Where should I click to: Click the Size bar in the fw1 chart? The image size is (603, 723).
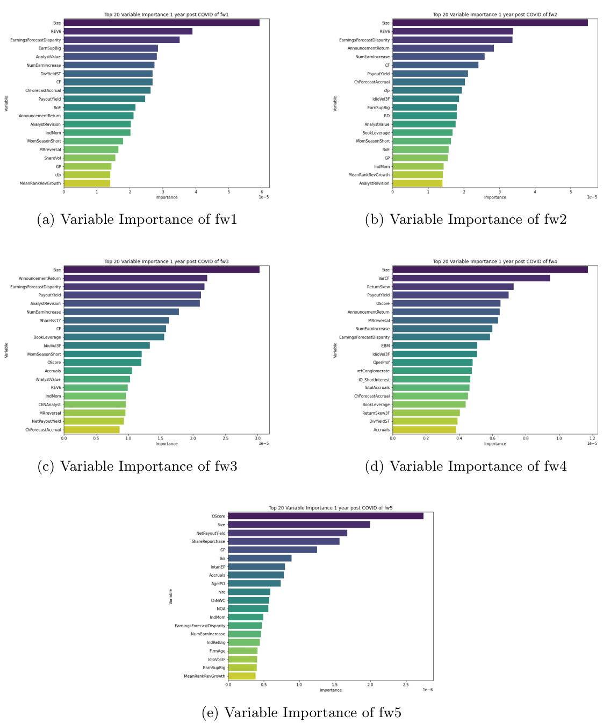click(161, 23)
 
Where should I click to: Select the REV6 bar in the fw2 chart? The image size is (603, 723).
click(453, 31)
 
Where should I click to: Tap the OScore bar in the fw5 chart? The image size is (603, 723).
click(326, 516)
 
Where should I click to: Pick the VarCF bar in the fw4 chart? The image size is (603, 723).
click(471, 278)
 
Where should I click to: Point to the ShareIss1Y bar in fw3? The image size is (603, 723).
click(116, 320)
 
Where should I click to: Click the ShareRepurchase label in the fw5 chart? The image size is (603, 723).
click(209, 541)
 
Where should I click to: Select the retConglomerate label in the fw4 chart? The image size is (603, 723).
click(374, 371)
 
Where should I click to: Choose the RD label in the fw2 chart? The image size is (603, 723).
click(387, 116)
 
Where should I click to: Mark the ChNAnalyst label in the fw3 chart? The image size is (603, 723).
click(49, 405)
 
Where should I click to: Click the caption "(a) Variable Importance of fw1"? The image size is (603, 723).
click(137, 219)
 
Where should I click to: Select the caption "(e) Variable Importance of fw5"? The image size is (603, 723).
click(301, 713)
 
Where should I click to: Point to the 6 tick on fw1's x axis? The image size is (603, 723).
click(262, 192)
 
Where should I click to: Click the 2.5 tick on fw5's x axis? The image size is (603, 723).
click(406, 684)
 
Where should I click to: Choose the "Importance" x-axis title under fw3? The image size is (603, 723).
click(167, 444)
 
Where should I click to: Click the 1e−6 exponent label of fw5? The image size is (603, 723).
click(427, 690)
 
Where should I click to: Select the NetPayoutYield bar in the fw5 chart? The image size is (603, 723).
click(288, 533)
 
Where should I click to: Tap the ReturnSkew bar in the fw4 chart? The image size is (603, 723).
click(453, 287)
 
